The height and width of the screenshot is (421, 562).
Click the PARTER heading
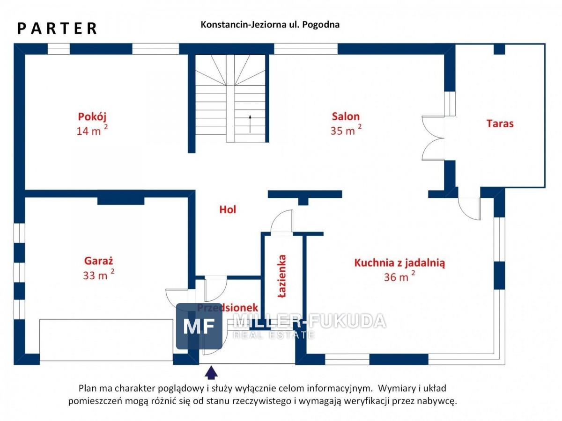pyautogui.click(x=57, y=28)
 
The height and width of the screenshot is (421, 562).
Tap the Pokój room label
pyautogui.click(x=92, y=117)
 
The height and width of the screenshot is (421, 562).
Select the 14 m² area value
pyautogui.click(x=92, y=131)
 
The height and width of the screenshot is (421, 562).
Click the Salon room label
pyautogui.click(x=346, y=116)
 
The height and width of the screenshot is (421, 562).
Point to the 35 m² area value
pyautogui.click(x=346, y=130)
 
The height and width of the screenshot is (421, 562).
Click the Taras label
pyautogui.click(x=500, y=123)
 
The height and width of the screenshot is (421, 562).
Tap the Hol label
pyautogui.click(x=228, y=210)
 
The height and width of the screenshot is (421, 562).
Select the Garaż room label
pyautogui.click(x=98, y=261)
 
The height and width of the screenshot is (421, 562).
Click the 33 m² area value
pyautogui.click(x=98, y=275)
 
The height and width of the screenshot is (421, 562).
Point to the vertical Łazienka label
pyautogui.click(x=282, y=276)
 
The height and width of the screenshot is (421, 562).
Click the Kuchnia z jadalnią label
pyautogui.click(x=399, y=263)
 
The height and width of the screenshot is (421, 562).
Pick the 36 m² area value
pyautogui.click(x=399, y=276)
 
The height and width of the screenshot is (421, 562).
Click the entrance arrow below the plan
pyautogui.click(x=211, y=372)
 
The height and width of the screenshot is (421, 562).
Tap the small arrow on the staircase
pyautogui.click(x=250, y=124)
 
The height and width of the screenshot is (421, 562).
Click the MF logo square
pyautogui.click(x=199, y=326)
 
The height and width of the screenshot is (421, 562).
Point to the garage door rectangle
pyautogui.click(x=106, y=340)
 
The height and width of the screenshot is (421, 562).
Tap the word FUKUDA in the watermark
pyautogui.click(x=348, y=321)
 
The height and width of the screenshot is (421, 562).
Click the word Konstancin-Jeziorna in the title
pyautogui.click(x=243, y=25)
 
